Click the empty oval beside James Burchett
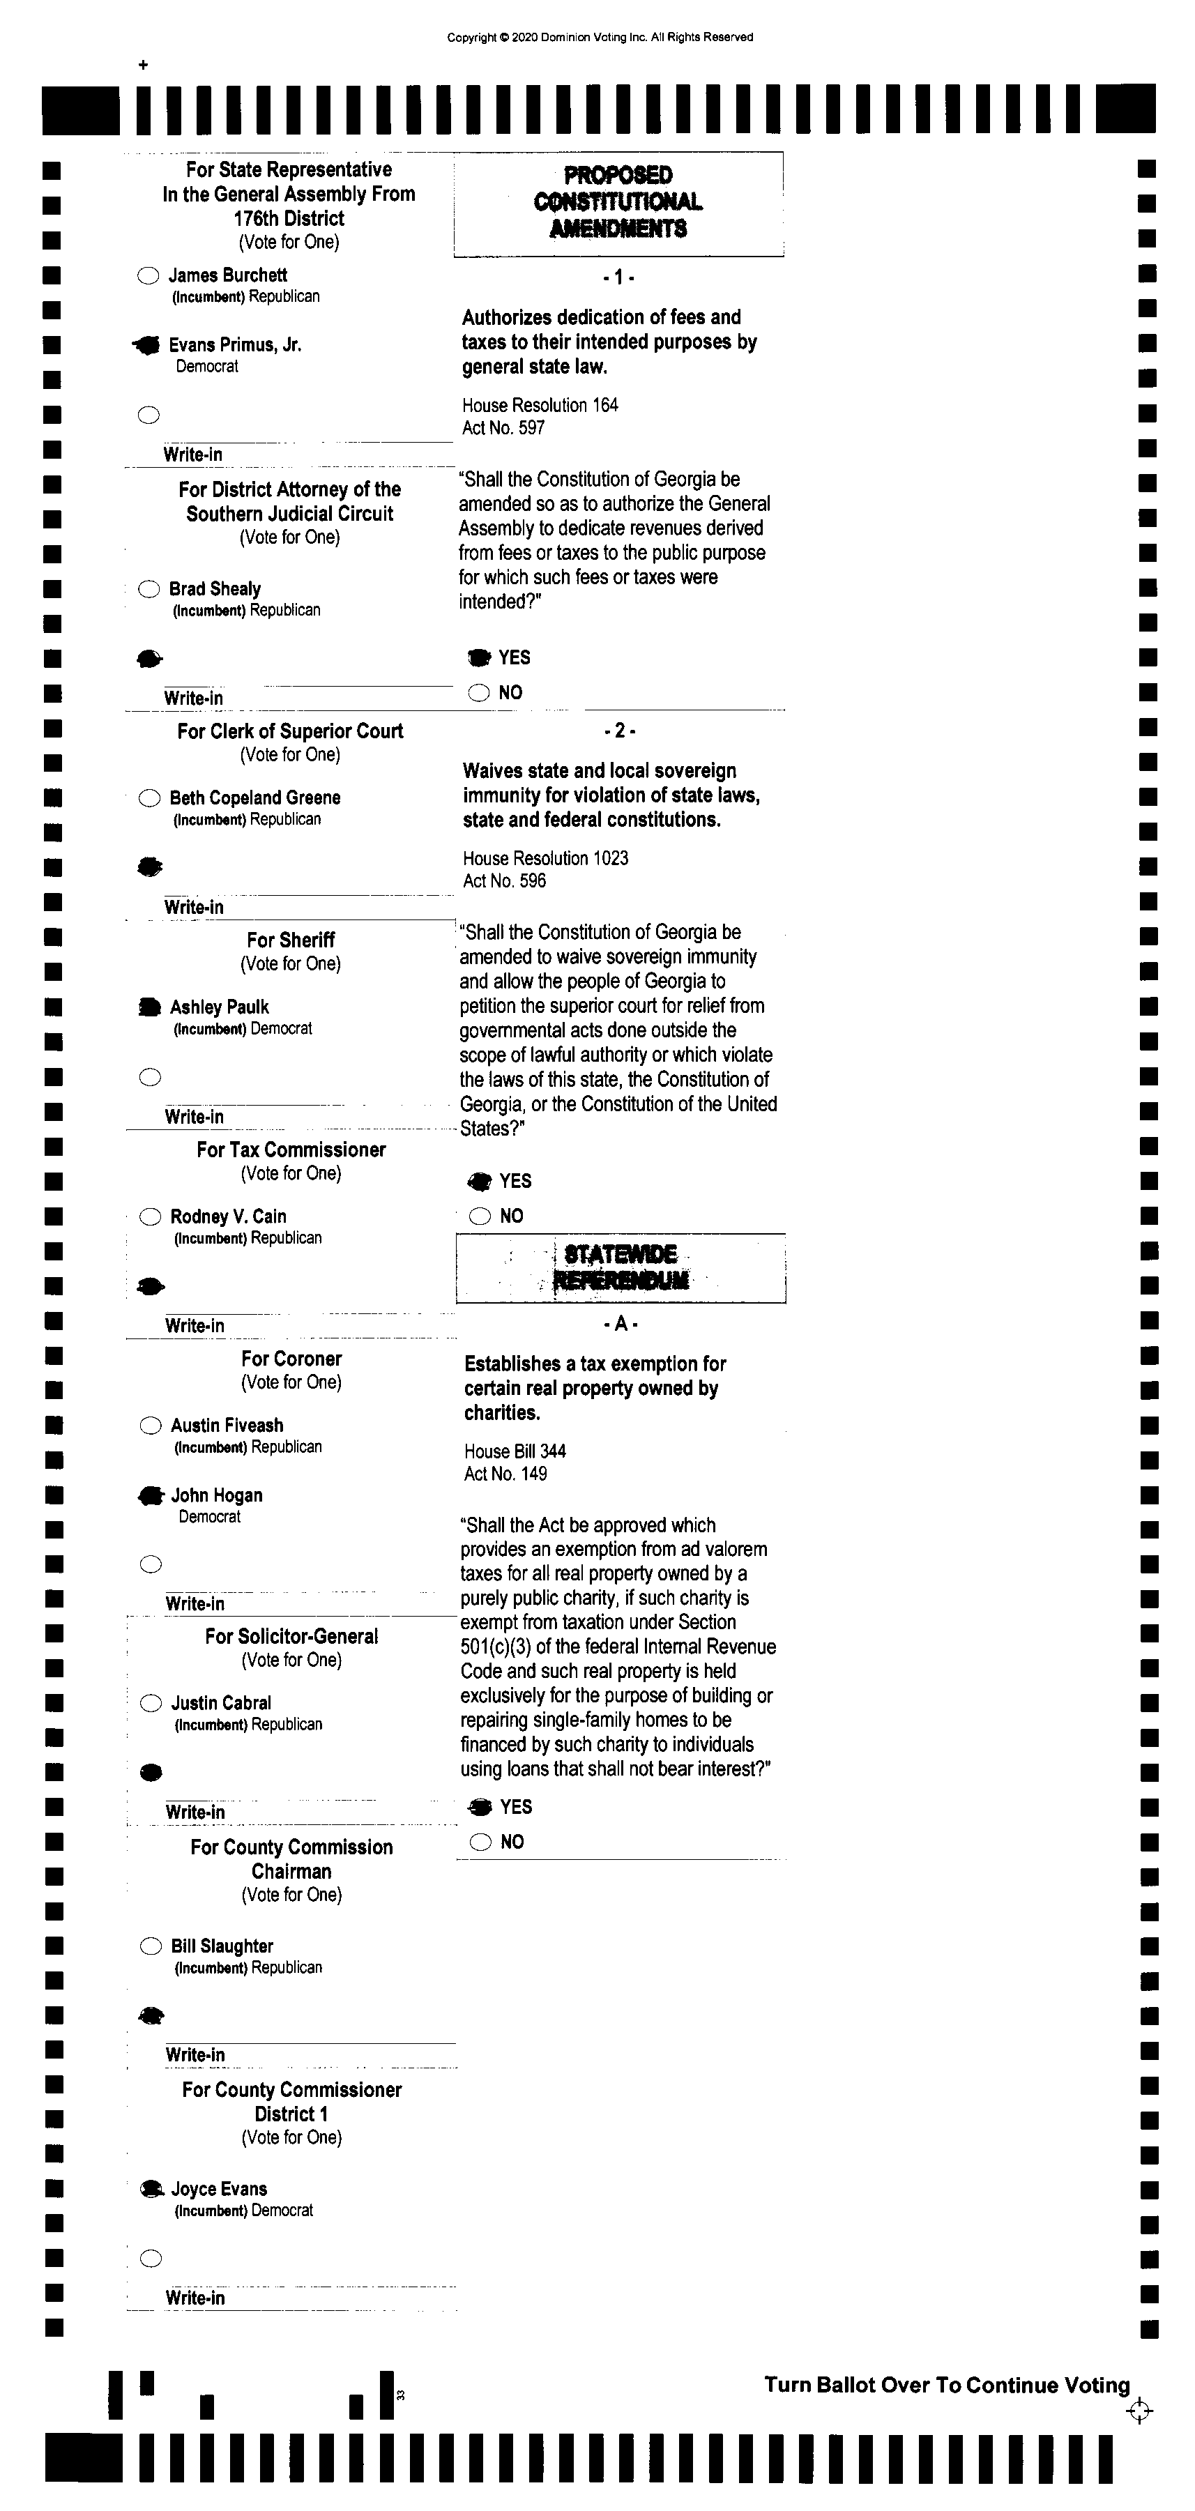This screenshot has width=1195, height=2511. pos(149,276)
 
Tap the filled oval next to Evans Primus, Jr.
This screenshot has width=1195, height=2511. pos(147,345)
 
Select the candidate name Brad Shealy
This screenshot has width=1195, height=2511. pos(215,589)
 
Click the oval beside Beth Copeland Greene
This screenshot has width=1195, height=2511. pos(149,798)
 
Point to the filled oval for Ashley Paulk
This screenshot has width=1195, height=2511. pos(149,1007)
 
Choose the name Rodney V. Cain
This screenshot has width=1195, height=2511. pos(228,1216)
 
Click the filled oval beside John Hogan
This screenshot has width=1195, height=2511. pos(150,1495)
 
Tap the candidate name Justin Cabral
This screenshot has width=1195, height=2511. pos(221,1703)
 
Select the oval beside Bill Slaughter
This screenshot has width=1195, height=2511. pos(151,1946)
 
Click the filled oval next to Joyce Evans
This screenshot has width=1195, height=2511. pos(151,2190)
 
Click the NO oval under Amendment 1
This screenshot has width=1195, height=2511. pos(478,693)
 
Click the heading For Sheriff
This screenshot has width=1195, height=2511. pos(291,940)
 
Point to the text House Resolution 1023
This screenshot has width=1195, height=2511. pos(545,859)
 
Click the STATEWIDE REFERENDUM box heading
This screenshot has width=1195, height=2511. pos(621,1267)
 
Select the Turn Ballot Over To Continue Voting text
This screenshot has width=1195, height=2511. pos(946,2386)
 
